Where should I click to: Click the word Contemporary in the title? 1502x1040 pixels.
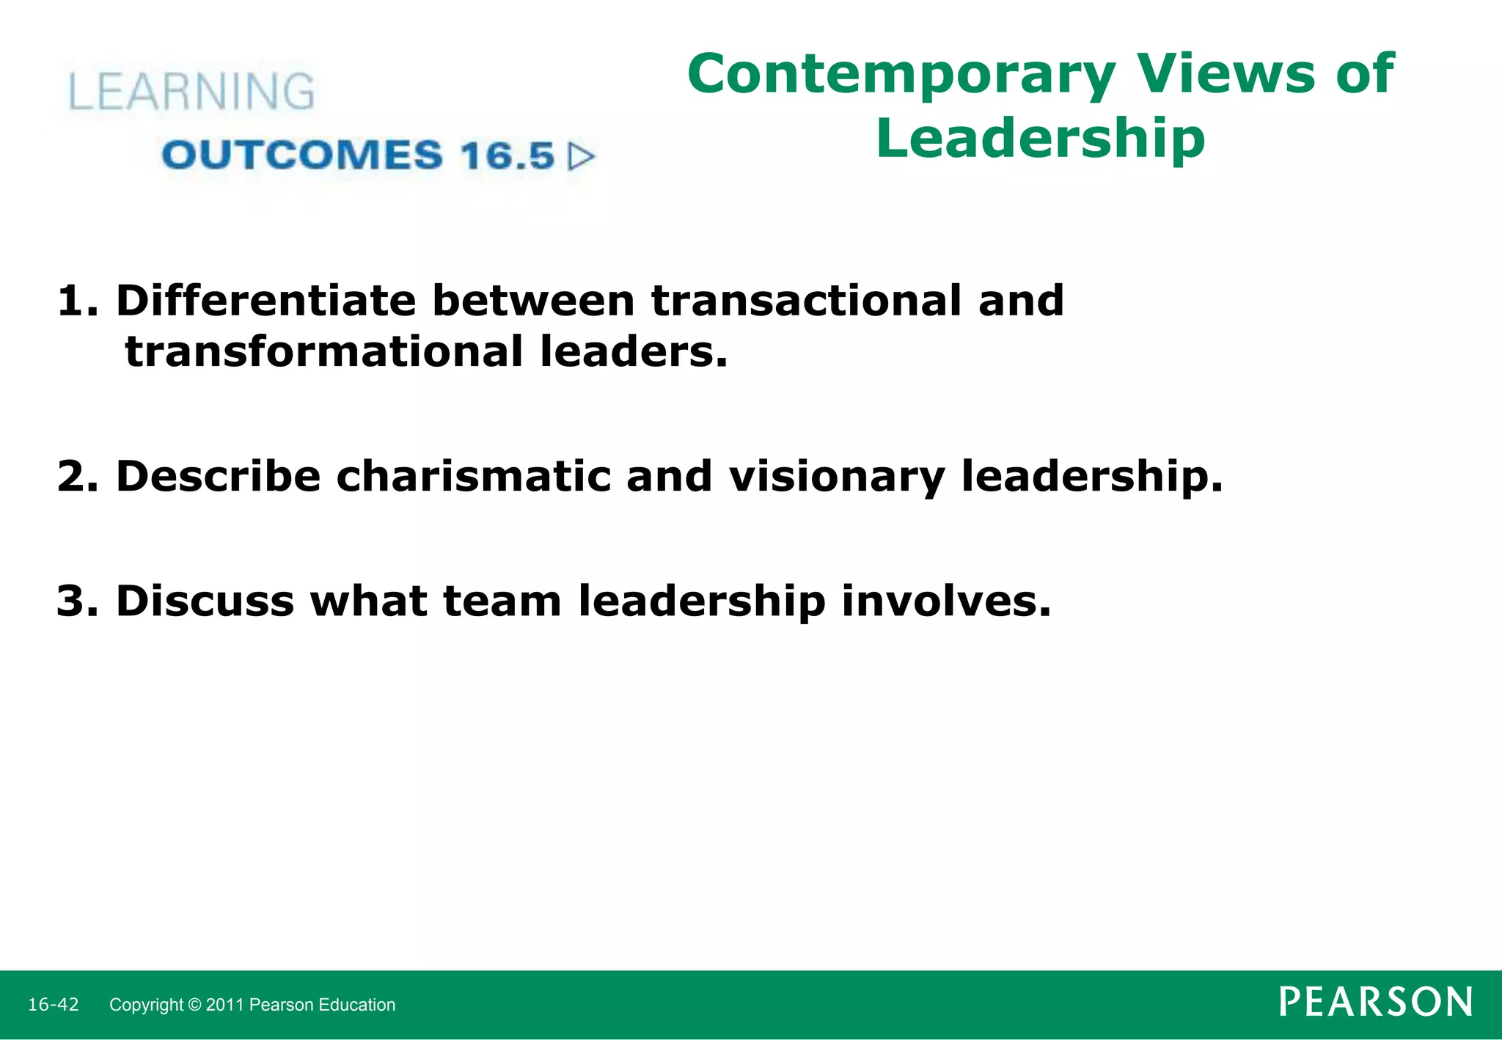point(901,76)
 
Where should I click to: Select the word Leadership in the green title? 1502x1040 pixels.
point(1040,138)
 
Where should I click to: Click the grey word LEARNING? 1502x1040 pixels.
point(191,92)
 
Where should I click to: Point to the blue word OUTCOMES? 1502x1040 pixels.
point(302,155)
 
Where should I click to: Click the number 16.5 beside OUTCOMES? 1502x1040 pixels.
point(507,156)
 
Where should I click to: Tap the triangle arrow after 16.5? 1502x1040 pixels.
point(582,156)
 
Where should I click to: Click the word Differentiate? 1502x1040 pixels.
point(265,301)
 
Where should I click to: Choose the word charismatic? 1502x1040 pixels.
point(473,477)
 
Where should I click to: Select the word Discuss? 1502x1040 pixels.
point(205,601)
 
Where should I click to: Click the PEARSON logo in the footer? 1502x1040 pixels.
point(1375,1002)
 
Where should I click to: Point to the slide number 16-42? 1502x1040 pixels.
point(54,1005)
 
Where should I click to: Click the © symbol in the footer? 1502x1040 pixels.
point(194,1005)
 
